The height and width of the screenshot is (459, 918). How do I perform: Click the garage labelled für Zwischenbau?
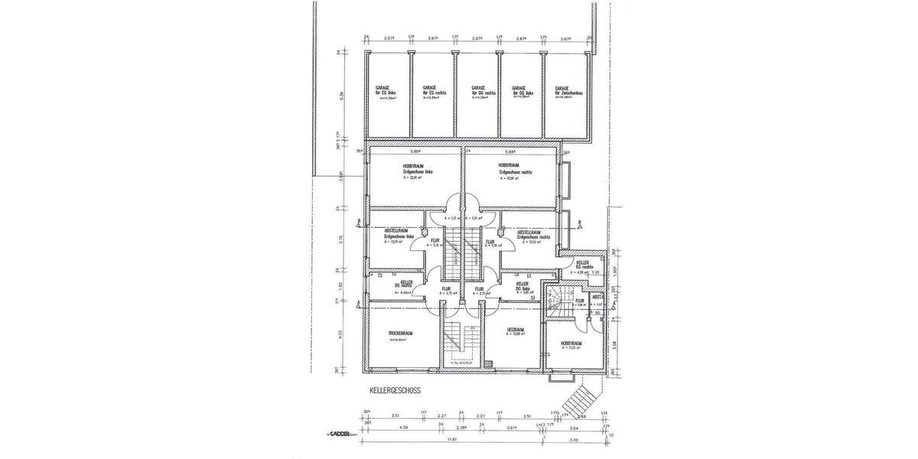pyautogui.click(x=566, y=93)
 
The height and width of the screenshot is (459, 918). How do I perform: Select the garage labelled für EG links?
pyautogui.click(x=386, y=93)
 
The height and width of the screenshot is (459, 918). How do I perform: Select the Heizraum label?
pyautogui.click(x=515, y=330)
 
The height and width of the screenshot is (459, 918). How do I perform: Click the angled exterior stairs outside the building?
pyautogui.click(x=580, y=399)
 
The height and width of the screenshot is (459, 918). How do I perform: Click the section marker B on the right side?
pyautogui.click(x=580, y=223)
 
